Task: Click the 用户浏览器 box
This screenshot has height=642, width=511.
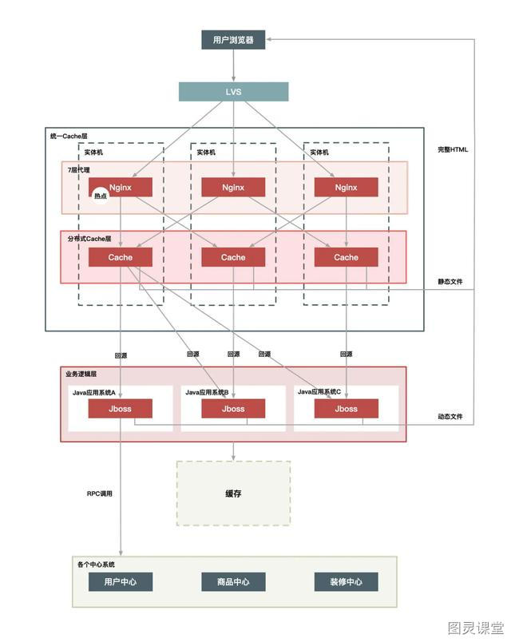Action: [x=233, y=40]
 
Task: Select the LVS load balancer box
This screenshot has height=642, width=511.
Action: [x=233, y=92]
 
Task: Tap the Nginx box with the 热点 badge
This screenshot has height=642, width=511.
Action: [x=121, y=187]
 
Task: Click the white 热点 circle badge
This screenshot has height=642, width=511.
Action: [x=101, y=196]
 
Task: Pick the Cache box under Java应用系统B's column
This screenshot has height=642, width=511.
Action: [x=233, y=257]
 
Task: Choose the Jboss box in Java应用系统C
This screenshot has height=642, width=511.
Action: [x=346, y=409]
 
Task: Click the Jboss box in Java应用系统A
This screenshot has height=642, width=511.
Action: [x=120, y=409]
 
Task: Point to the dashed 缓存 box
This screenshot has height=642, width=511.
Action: [x=233, y=493]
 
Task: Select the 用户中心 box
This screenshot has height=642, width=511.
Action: [x=121, y=582]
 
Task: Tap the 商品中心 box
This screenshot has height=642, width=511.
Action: [x=233, y=582]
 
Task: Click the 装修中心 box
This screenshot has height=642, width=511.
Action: [x=346, y=582]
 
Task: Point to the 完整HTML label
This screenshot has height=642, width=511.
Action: [x=453, y=149]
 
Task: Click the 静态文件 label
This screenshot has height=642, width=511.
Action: [x=450, y=281]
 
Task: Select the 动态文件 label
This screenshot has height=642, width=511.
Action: [x=450, y=416]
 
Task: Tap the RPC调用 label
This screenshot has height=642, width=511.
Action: [x=100, y=493]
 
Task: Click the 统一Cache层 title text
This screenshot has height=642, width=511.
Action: [x=69, y=136]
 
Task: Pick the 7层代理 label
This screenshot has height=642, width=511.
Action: [x=78, y=169]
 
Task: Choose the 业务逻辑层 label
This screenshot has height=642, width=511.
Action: [x=81, y=374]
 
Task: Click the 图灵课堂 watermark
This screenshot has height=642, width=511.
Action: [x=476, y=628]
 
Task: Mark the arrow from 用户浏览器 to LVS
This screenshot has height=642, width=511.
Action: [x=233, y=65]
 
